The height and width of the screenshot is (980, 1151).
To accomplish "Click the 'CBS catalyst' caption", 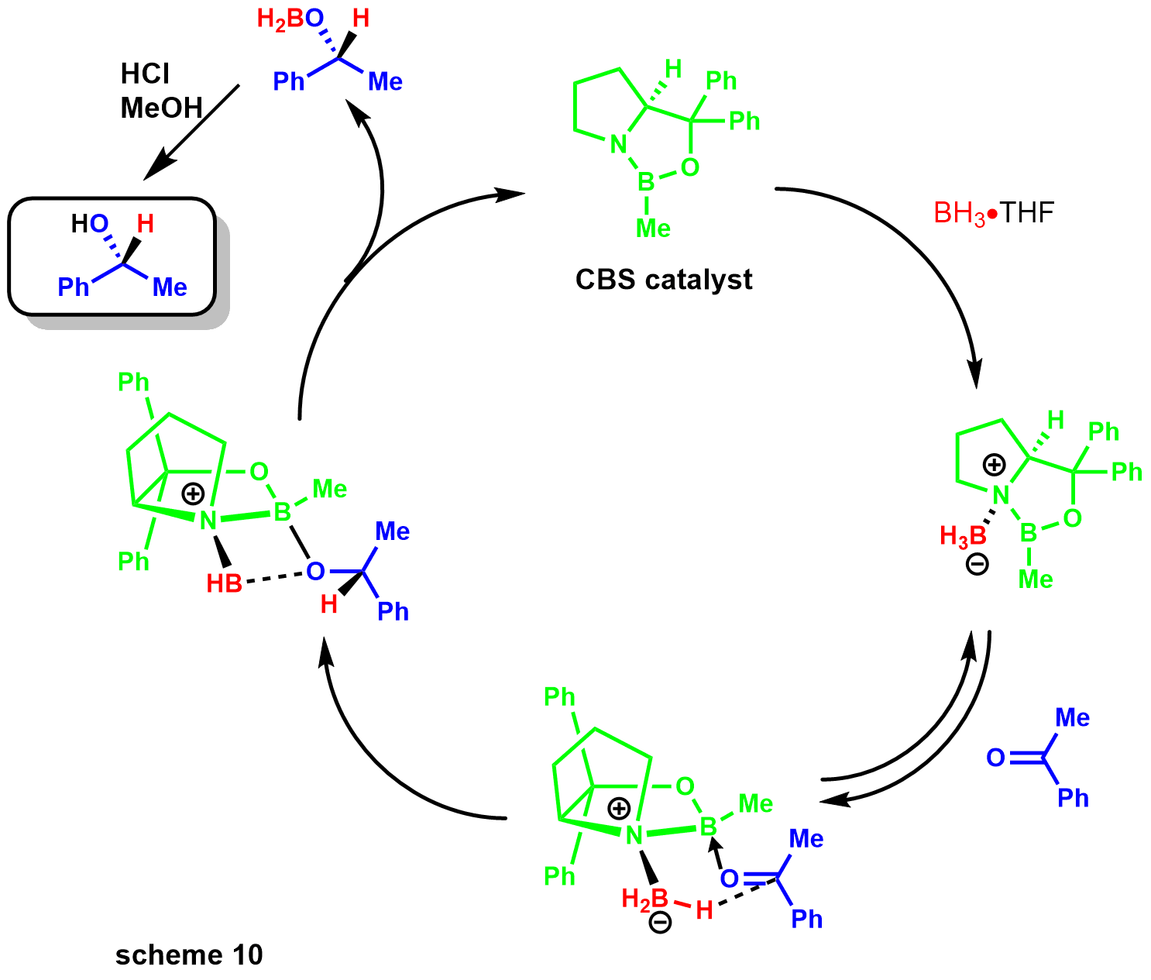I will [x=664, y=280].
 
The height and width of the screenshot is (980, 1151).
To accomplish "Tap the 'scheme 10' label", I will [x=189, y=955].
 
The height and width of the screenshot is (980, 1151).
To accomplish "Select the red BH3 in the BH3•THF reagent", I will [x=960, y=213].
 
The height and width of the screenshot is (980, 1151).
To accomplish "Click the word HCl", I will [x=145, y=74].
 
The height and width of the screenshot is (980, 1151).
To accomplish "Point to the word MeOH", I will [x=161, y=108].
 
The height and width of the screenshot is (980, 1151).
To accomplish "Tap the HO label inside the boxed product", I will [x=90, y=224].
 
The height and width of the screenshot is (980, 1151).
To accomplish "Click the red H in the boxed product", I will [x=146, y=224].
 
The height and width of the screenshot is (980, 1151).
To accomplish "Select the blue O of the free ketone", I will [x=995, y=758].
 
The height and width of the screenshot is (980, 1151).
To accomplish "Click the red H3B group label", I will [x=963, y=535].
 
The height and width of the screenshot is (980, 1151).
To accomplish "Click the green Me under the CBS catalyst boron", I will [x=653, y=229].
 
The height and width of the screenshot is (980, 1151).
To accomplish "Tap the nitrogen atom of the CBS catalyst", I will [x=617, y=145].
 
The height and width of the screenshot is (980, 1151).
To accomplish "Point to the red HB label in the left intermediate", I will [x=224, y=583].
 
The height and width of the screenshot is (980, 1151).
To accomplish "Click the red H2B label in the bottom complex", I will [x=644, y=899].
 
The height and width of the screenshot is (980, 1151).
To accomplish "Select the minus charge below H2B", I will [x=660, y=922].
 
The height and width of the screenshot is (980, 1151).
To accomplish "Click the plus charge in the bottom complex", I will [x=619, y=809].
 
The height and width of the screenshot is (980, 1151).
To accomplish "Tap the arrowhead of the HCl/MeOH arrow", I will [x=155, y=172].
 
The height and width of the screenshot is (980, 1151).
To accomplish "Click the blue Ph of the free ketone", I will [x=1073, y=798].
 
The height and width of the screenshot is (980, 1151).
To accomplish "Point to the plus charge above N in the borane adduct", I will [x=994, y=465].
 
